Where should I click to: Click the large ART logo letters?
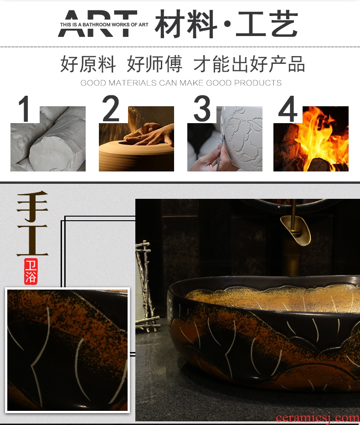98,24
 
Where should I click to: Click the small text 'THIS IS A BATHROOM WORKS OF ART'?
104,25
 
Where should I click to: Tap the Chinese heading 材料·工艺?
226,24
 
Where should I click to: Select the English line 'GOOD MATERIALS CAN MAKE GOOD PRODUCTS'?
181,83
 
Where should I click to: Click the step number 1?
24,109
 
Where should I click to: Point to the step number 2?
111,109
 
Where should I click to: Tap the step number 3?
202,109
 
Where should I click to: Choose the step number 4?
288,109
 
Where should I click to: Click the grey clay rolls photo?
48,139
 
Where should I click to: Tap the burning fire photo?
311,139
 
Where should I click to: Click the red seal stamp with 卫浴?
31,271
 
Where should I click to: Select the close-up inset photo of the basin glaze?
67,350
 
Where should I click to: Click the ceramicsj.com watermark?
318,418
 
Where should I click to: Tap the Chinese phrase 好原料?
88,64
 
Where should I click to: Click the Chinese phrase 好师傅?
154,64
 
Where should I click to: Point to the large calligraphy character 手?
32,206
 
